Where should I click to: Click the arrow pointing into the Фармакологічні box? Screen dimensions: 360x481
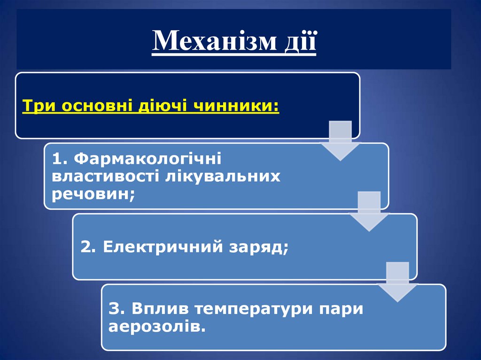pos(340,141)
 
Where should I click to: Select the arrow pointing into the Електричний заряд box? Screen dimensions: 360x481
pos(368,211)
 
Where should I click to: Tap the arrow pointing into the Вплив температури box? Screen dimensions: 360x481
pos(397,282)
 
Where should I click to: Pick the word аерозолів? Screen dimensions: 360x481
pos(157,327)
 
